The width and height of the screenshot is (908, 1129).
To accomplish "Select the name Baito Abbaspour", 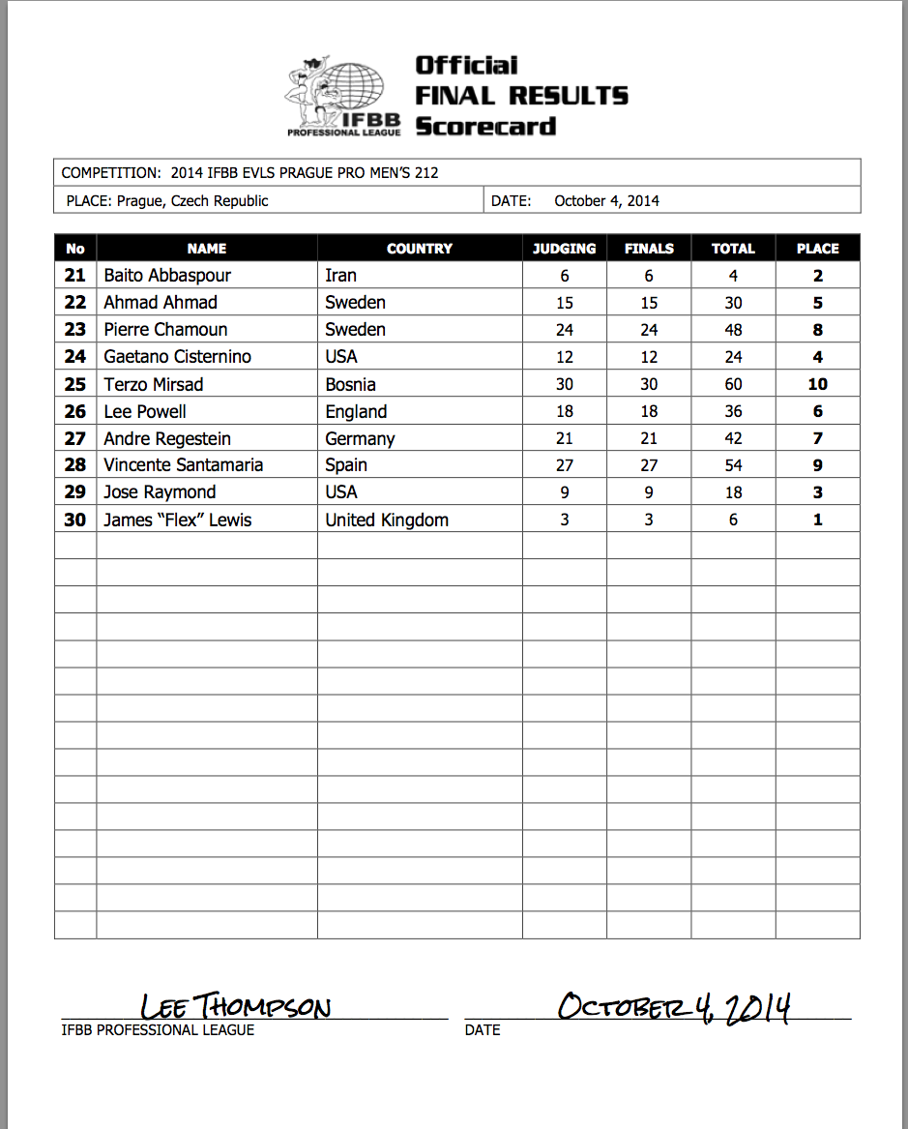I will point(167,276).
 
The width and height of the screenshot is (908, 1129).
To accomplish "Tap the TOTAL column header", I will point(733,249).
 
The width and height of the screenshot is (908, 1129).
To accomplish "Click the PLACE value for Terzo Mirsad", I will point(817,384).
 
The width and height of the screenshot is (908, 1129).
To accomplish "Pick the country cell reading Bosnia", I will point(350,384).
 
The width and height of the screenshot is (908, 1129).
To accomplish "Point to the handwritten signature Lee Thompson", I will point(235,1007).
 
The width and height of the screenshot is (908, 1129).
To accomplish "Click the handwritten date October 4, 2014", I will point(674,1007).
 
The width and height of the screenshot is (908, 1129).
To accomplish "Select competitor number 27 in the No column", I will point(75,438).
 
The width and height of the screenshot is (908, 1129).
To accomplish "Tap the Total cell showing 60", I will point(733,384).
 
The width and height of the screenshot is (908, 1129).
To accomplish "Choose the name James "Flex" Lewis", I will point(178,520).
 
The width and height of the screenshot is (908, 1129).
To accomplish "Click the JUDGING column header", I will point(565,249).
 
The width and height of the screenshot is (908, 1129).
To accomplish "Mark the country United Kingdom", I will point(387,520).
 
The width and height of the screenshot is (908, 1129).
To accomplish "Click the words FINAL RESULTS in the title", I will point(521,96).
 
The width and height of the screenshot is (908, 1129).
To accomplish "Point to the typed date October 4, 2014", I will point(606,201).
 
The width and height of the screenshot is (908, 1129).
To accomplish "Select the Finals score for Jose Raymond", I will point(649,492).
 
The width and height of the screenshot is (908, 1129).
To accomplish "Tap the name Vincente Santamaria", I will point(184,465).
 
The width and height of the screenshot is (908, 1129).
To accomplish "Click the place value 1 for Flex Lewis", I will point(817,520).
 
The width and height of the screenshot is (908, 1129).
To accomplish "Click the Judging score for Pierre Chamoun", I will point(565,330).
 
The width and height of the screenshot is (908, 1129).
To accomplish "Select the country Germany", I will point(360,438).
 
